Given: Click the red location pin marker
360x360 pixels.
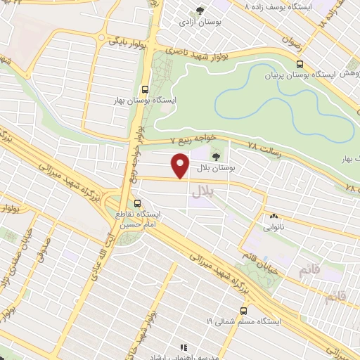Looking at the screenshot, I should (x=181, y=166).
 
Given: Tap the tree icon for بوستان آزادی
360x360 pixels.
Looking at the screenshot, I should (x=200, y=11).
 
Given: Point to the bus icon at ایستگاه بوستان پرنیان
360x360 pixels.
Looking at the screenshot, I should (x=300, y=63).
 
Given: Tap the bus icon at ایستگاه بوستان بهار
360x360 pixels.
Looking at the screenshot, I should (x=144, y=89).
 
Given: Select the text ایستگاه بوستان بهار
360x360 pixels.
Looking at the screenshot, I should (x=146, y=101).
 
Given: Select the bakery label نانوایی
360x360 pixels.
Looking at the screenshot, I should (x=273, y=227).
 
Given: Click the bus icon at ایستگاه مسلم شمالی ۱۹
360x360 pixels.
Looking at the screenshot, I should (x=244, y=309).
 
